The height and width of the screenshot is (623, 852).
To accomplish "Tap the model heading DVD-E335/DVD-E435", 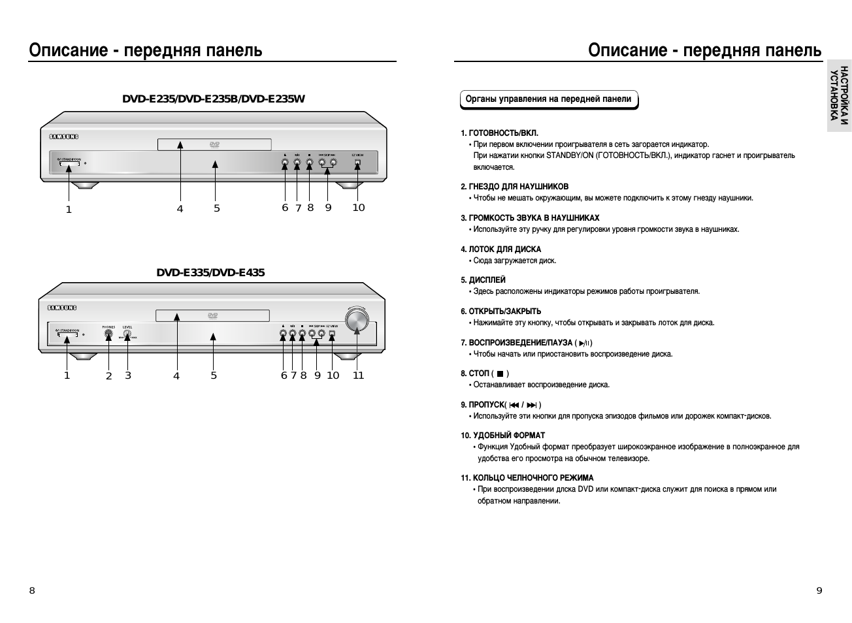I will [210, 272].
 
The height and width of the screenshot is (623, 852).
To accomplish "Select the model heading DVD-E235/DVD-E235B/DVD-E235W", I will [214, 99].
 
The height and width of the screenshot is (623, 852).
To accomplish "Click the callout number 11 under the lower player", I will [358, 375].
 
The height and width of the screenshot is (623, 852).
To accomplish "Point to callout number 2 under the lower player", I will [109, 376].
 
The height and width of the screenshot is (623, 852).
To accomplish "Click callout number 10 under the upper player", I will [359, 208].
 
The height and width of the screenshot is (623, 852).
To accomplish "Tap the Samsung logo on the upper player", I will [63, 136].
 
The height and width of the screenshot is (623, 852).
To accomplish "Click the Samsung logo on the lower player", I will [62, 308].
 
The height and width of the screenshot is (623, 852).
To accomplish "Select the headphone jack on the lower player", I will [108, 334].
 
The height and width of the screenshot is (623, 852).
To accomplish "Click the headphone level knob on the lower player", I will [127, 334].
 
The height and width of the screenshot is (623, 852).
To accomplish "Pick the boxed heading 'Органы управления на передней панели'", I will [548, 99].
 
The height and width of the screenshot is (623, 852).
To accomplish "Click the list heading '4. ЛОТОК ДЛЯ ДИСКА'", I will [501, 249].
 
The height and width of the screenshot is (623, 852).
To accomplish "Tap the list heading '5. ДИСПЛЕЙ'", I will [483, 280].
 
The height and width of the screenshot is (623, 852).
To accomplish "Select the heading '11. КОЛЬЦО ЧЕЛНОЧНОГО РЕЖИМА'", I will [527, 478].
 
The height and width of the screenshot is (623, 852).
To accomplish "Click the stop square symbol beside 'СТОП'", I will [500, 374].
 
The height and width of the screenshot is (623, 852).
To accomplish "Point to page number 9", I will [819, 590].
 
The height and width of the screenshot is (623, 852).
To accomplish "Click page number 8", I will [32, 590].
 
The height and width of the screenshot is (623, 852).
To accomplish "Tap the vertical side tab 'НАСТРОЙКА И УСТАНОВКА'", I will [839, 95].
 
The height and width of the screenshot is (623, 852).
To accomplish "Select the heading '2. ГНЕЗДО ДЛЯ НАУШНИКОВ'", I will [515, 187].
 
